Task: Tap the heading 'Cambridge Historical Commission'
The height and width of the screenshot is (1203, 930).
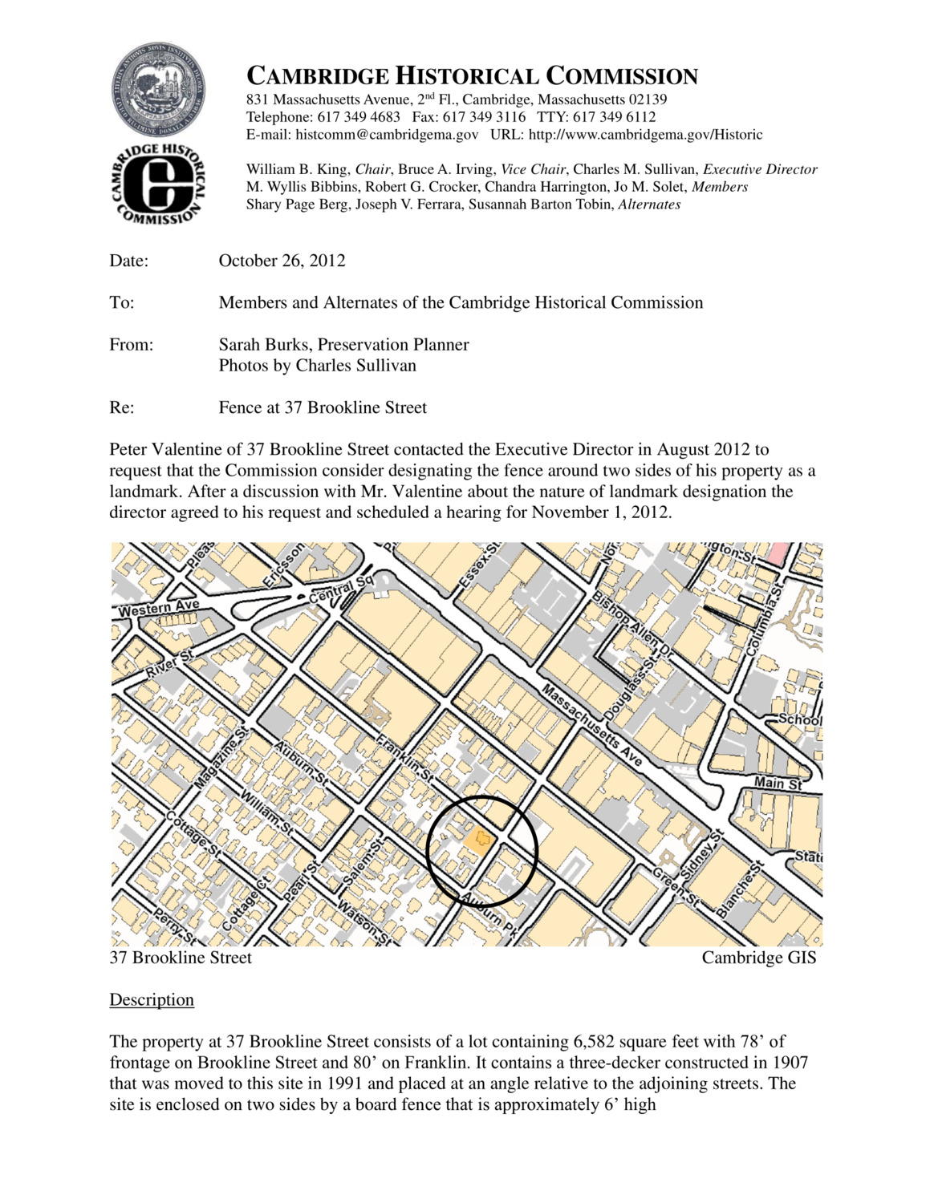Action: tap(472, 76)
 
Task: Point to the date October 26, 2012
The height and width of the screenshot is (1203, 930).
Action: tap(282, 261)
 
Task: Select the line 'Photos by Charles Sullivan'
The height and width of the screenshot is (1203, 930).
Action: tap(317, 366)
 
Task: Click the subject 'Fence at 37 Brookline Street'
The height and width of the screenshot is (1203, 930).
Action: tap(323, 407)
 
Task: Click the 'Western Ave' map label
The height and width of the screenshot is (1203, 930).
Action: tap(157, 609)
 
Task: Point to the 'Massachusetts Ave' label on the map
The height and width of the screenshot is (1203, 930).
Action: tap(592, 723)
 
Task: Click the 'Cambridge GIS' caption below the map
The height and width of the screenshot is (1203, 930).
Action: tap(758, 958)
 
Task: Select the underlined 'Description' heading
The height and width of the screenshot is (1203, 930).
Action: tap(152, 1000)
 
